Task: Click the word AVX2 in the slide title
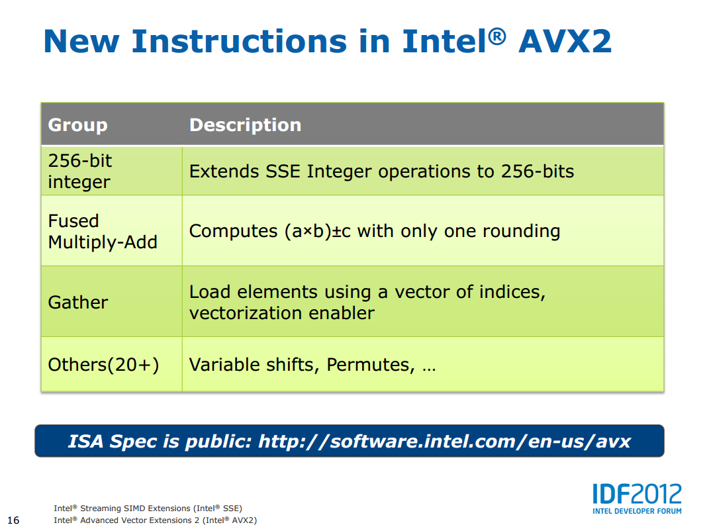[565, 42]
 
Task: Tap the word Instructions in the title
[239, 42]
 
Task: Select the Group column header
[78, 125]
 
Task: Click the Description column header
[245, 125]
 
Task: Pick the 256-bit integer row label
[79, 171]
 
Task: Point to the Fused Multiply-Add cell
[103, 232]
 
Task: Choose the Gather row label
[78, 303]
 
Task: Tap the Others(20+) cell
[103, 365]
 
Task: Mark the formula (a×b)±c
[318, 231]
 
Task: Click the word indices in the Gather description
[512, 292]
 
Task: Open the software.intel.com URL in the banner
[445, 442]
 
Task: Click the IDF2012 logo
[637, 494]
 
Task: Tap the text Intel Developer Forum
[637, 511]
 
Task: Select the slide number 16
[13, 520]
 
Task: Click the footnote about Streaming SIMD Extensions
[148, 508]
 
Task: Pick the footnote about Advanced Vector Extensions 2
[155, 520]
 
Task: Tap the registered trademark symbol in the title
[497, 36]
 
